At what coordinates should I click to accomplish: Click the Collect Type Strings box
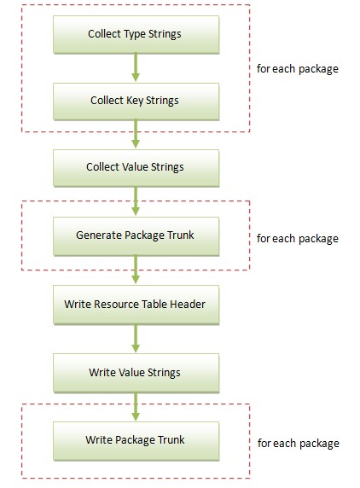coord(136,34)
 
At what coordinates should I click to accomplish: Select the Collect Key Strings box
coord(136,102)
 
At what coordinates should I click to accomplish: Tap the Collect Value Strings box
coord(136,168)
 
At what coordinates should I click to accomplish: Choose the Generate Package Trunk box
coord(136,236)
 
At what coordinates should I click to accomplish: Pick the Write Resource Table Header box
coord(136,305)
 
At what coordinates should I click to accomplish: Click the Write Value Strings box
coord(136,373)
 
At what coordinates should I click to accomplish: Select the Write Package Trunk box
coord(136,441)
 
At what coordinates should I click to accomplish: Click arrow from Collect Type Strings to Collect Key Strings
coord(136,67)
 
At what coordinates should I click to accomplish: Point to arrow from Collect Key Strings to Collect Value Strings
coord(136,134)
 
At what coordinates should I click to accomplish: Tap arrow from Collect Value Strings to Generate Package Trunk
coord(136,201)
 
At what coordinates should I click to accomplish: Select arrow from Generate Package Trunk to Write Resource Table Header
coord(136,270)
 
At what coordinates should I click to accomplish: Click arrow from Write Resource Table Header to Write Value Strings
coord(136,339)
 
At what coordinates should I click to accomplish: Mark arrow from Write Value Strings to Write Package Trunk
coord(136,406)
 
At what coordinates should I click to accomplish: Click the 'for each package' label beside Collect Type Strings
coord(298,69)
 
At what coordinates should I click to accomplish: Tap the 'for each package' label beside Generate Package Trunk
coord(298,239)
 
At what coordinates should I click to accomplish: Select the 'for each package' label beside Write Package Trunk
coord(299,444)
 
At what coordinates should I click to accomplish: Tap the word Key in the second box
coord(135,101)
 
